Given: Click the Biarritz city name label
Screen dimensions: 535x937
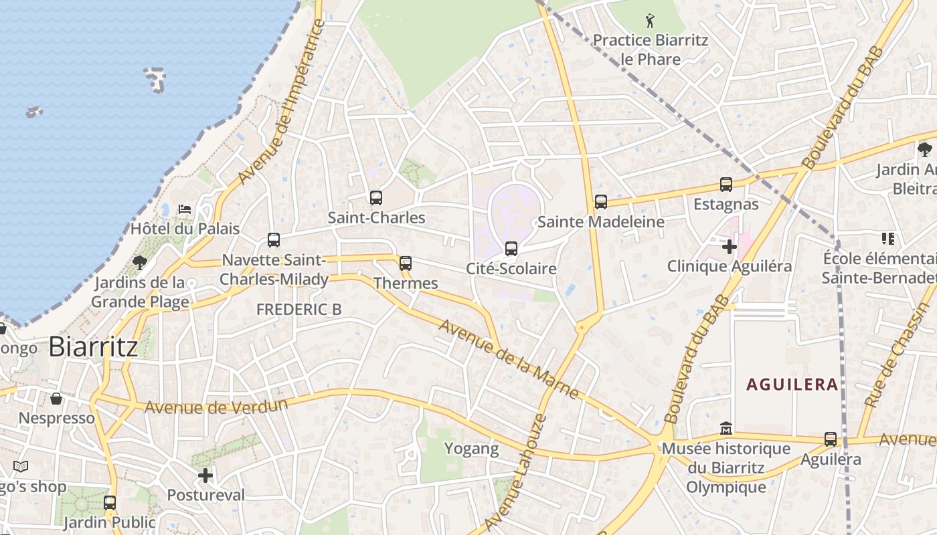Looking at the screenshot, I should pos(94,346).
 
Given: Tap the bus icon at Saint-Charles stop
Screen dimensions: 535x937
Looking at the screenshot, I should pos(376,198).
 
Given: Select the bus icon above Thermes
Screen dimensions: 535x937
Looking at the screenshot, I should pos(406,263).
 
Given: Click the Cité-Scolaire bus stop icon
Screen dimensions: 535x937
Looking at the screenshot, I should pos(511,249).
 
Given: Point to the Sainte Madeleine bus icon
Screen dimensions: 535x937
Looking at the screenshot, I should pos(601,202).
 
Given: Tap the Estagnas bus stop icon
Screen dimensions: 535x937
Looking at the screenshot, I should pos(726,185).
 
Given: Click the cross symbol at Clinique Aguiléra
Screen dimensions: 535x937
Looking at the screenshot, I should pos(730,247).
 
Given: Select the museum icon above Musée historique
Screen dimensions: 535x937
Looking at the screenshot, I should pos(726,428).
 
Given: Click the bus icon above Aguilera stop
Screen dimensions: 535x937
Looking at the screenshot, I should pos(831,439).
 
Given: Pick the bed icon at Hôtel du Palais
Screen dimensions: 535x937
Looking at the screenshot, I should pos(185,209).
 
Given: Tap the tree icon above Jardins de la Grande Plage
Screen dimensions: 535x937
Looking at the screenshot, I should pos(140,262).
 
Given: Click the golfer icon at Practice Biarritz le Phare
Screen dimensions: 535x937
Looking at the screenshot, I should pos(650,21).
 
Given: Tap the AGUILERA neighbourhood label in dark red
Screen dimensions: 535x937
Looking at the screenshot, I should pos(792,385).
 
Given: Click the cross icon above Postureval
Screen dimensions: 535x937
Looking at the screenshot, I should pos(205,475).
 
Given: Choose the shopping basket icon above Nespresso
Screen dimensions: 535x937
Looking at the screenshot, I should pos(56,399).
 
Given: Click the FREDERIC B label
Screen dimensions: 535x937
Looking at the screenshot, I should pos(299,310).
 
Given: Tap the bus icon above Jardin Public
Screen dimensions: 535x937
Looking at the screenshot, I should pos(110,503).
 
